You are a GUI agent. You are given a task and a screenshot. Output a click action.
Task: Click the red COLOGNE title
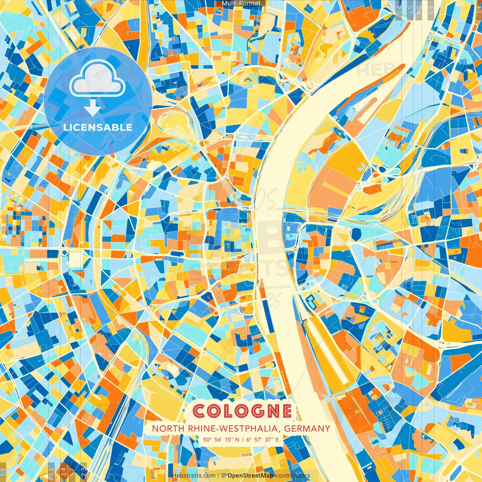tap(243, 411)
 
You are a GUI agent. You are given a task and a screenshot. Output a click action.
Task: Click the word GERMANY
tap(307, 429)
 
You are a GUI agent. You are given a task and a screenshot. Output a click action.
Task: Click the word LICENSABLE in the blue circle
tap(98, 127)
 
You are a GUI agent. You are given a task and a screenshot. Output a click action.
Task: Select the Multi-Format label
tap(241, 3)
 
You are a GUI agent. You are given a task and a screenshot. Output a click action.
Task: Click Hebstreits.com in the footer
tap(194, 476)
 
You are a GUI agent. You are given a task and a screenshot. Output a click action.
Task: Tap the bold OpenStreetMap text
tap(250, 476)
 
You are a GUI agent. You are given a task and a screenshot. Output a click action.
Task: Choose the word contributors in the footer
tap(293, 476)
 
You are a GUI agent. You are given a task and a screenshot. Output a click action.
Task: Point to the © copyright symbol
tap(223, 476)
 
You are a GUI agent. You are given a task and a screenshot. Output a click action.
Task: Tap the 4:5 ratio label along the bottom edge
tap(51, 471)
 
